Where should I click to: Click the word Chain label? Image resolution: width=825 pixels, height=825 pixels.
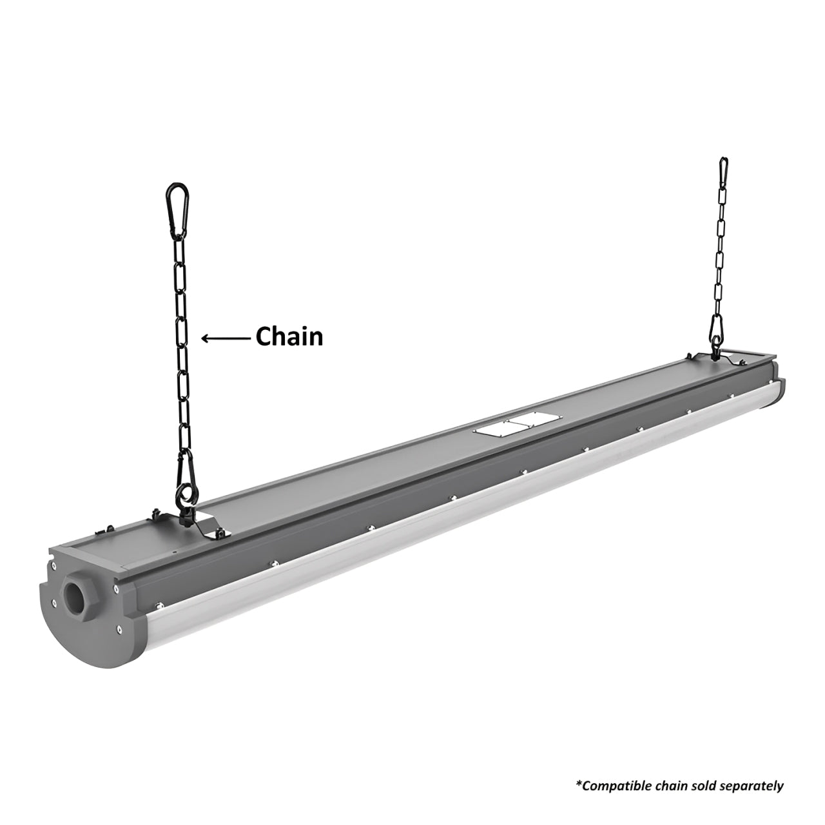pyautogui.click(x=289, y=336)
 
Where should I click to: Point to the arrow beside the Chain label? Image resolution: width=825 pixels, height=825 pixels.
pyautogui.click(x=226, y=338)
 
